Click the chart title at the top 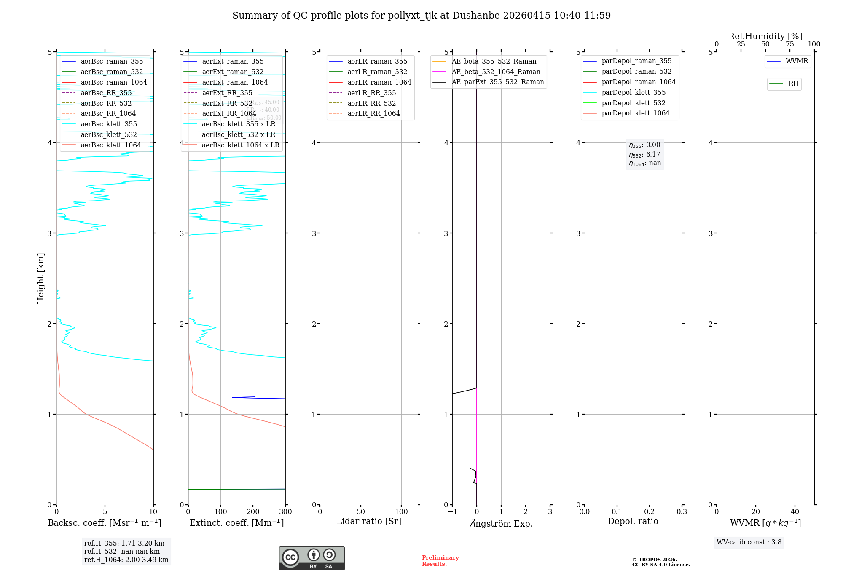(x=421, y=16)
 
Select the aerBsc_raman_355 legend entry (x=112, y=62)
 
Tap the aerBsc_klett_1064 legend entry (x=110, y=145)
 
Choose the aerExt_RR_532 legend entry (x=227, y=103)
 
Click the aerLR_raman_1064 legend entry (x=379, y=83)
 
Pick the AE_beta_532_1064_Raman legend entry (x=496, y=72)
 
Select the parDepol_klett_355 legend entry (x=634, y=93)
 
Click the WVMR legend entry (x=796, y=62)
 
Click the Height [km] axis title (x=40, y=278)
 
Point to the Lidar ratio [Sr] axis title (x=369, y=522)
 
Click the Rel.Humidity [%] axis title (x=765, y=37)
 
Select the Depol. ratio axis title (x=633, y=522)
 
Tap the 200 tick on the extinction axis (x=253, y=512)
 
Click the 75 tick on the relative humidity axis (x=789, y=44)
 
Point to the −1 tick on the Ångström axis (x=452, y=512)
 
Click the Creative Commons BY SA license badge (x=311, y=558)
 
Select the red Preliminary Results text (x=440, y=561)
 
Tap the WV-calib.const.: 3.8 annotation (x=749, y=542)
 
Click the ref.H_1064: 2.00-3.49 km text (x=126, y=560)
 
